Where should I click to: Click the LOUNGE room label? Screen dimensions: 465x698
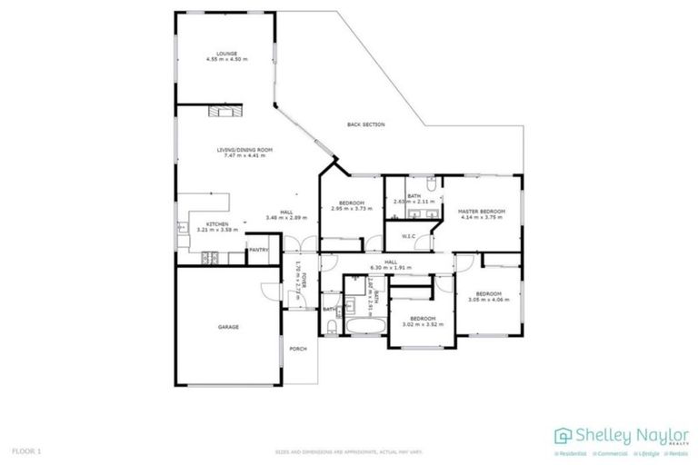pyautogui.click(x=226, y=53)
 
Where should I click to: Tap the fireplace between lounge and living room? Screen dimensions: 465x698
pyautogui.click(x=224, y=112)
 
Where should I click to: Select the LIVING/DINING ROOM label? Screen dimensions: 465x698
pyautogui.click(x=244, y=150)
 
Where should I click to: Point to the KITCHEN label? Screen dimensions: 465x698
pyautogui.click(x=216, y=223)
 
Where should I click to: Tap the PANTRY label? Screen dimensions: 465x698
pyautogui.click(x=258, y=250)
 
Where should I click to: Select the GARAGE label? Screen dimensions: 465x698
pyautogui.click(x=227, y=327)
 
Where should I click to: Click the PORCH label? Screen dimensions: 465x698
pyautogui.click(x=298, y=349)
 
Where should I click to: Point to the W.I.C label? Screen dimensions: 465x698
pyautogui.click(x=409, y=238)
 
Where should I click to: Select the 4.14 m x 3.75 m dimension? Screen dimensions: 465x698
pyautogui.click(x=481, y=218)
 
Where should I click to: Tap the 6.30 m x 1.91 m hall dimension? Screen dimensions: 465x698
pyautogui.click(x=391, y=268)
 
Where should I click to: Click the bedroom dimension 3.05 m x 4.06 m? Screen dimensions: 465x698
pyautogui.click(x=489, y=300)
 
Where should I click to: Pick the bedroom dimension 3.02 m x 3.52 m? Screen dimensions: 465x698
pyautogui.click(x=423, y=323)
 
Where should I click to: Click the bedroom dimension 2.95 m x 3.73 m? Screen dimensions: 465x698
pyautogui.click(x=351, y=208)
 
